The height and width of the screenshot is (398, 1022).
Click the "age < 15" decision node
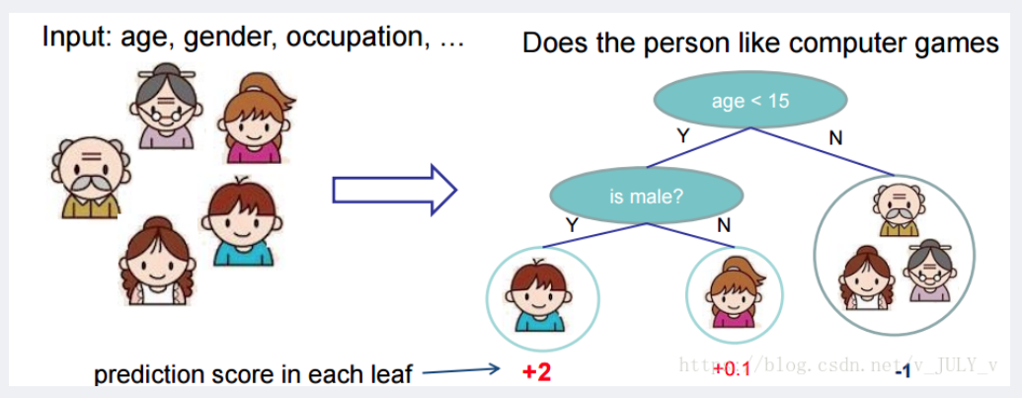point(750,101)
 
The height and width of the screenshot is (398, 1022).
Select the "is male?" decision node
point(647,196)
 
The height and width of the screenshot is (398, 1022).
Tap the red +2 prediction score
point(537,372)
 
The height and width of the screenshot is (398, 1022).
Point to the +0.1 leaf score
point(732,369)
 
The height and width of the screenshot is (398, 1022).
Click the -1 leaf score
point(903,372)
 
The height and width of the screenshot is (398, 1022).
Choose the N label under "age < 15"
point(835,137)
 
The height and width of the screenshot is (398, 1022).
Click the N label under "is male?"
point(724,225)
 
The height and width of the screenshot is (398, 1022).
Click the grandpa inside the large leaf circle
point(900,208)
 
